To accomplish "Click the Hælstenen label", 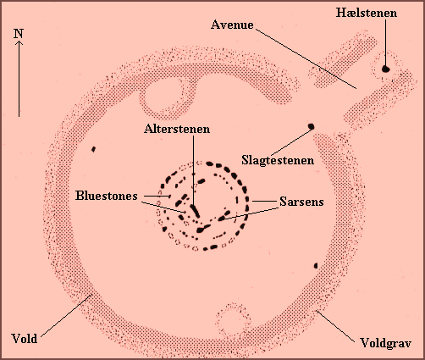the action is point(367,13).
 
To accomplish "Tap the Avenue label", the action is point(232,25).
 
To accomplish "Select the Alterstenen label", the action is point(177,129).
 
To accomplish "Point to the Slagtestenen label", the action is point(278,160).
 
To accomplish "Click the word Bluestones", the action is point(107,196).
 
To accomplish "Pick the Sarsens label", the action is point(301,202).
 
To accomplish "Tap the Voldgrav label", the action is point(386,343).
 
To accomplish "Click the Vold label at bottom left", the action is point(25,338).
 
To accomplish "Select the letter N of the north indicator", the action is point(19,34).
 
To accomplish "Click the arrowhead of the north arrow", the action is point(19,42).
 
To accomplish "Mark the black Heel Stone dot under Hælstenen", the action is point(386,69).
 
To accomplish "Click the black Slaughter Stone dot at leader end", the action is point(311,126).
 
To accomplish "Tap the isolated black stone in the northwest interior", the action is point(93,149).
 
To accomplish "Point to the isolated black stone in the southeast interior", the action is point(316,266).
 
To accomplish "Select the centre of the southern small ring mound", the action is point(233,320).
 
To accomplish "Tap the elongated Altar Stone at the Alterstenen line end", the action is point(195,211).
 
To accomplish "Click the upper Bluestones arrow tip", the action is point(170,196).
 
